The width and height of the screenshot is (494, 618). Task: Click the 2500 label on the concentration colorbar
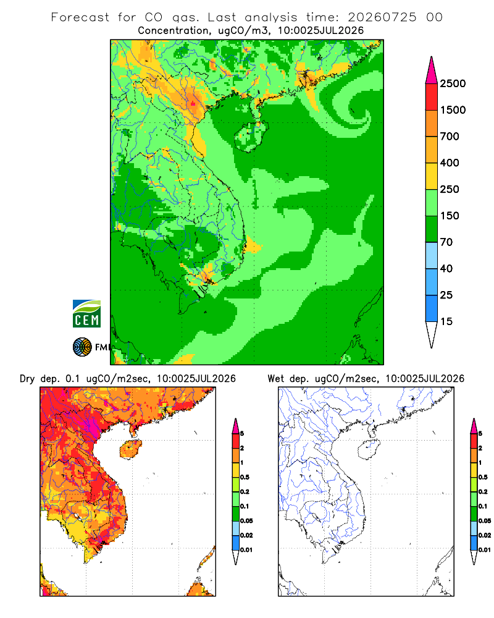[453, 83]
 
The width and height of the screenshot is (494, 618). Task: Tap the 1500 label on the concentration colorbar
[453, 110]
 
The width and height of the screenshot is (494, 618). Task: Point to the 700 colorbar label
[450, 137]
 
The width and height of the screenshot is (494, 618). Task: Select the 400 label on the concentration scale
[450, 163]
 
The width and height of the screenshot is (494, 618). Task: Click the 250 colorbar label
[450, 189]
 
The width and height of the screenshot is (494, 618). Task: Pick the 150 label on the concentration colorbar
[450, 216]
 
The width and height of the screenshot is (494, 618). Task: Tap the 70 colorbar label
[446, 242]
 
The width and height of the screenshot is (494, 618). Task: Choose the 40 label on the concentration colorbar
[446, 268]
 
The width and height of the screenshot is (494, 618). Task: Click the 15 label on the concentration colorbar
[446, 321]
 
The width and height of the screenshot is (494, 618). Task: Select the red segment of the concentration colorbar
[432, 96]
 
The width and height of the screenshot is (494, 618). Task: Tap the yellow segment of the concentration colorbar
[432, 176]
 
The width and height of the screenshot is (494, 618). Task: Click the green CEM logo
[86, 314]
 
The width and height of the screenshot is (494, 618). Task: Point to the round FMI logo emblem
[82, 347]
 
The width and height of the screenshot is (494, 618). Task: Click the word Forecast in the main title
[80, 17]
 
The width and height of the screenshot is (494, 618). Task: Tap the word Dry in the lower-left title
[27, 379]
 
